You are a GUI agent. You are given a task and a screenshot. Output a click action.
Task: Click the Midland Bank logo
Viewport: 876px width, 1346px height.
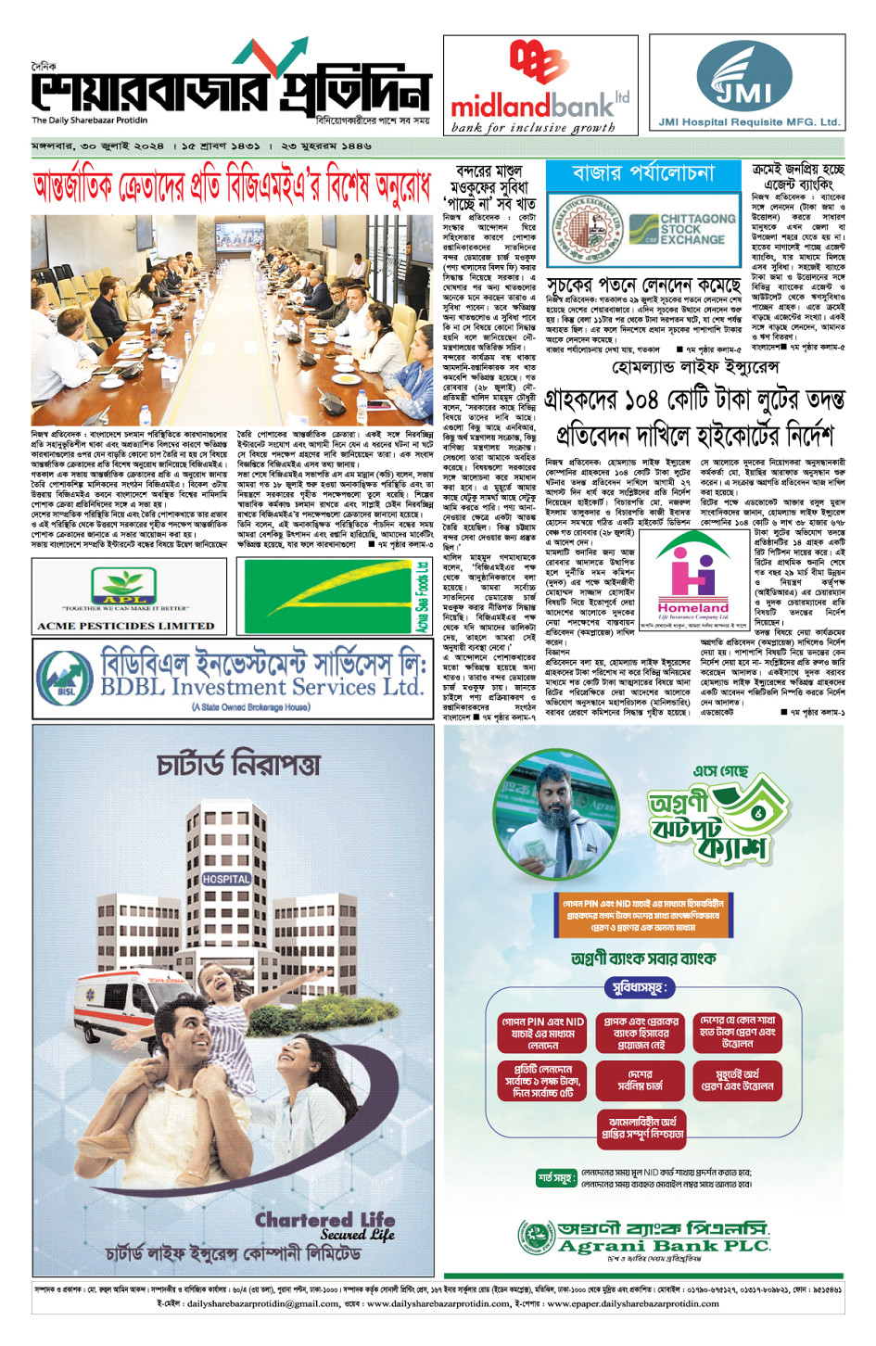click(540, 88)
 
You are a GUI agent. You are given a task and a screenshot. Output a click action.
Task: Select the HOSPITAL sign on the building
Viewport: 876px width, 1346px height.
click(226, 879)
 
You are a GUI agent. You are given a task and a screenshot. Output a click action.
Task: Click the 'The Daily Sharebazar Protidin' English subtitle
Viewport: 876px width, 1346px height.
click(89, 121)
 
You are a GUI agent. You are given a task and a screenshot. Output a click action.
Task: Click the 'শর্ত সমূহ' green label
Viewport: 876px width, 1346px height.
click(557, 1178)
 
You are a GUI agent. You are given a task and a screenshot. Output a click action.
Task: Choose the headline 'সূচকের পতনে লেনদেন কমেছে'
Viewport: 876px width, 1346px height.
click(643, 285)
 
